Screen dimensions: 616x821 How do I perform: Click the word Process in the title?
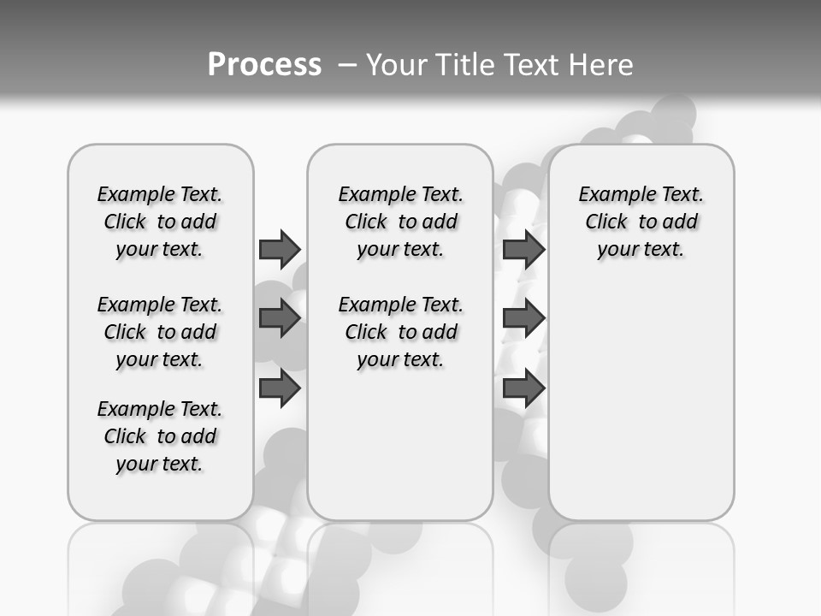pyautogui.click(x=264, y=64)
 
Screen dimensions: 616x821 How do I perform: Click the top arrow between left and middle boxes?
pyautogui.click(x=280, y=249)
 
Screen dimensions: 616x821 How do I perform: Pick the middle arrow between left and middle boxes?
pyautogui.click(x=280, y=318)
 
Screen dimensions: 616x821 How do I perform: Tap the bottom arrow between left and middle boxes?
pyautogui.click(x=280, y=389)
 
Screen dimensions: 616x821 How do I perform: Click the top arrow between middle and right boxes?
pyautogui.click(x=523, y=249)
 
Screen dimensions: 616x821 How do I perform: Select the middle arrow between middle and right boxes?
pyautogui.click(x=523, y=318)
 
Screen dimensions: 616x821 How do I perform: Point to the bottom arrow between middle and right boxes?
pyautogui.click(x=523, y=389)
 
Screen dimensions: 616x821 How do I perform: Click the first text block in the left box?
pyautogui.click(x=160, y=222)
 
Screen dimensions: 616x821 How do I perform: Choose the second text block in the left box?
pyautogui.click(x=160, y=332)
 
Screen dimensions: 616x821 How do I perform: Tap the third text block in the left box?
pyautogui.click(x=160, y=436)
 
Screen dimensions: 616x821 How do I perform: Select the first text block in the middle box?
pyautogui.click(x=400, y=222)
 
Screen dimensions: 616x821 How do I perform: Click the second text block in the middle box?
pyautogui.click(x=400, y=332)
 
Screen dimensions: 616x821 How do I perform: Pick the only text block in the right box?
pyautogui.click(x=641, y=222)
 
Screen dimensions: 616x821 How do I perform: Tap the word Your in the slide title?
pyautogui.click(x=397, y=65)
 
